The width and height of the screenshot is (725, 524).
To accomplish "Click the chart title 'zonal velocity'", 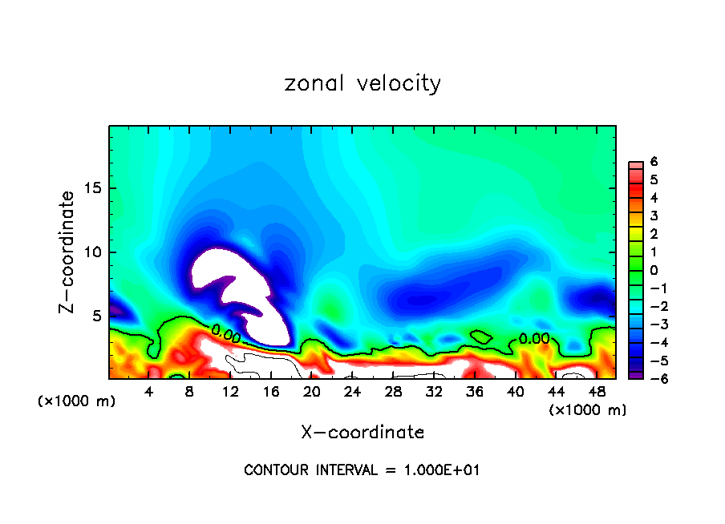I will point(362,83).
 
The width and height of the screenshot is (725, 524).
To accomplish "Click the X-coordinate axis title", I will point(362,433).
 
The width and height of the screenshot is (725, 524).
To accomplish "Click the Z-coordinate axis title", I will point(68,252).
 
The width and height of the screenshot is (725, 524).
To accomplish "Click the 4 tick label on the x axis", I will point(148,392).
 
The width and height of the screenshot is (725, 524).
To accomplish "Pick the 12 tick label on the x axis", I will point(230,392).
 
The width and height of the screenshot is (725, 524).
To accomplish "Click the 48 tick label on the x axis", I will point(597,392).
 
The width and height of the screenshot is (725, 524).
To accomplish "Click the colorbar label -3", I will point(651,324).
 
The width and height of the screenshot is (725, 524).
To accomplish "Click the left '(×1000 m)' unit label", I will point(77,401).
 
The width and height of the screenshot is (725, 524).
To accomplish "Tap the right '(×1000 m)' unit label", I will point(588,410).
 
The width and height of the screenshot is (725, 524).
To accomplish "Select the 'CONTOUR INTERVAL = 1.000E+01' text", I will point(362,470).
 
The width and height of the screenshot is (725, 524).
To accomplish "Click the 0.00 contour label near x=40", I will point(534,338).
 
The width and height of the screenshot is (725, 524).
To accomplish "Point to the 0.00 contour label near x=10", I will point(225,332).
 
